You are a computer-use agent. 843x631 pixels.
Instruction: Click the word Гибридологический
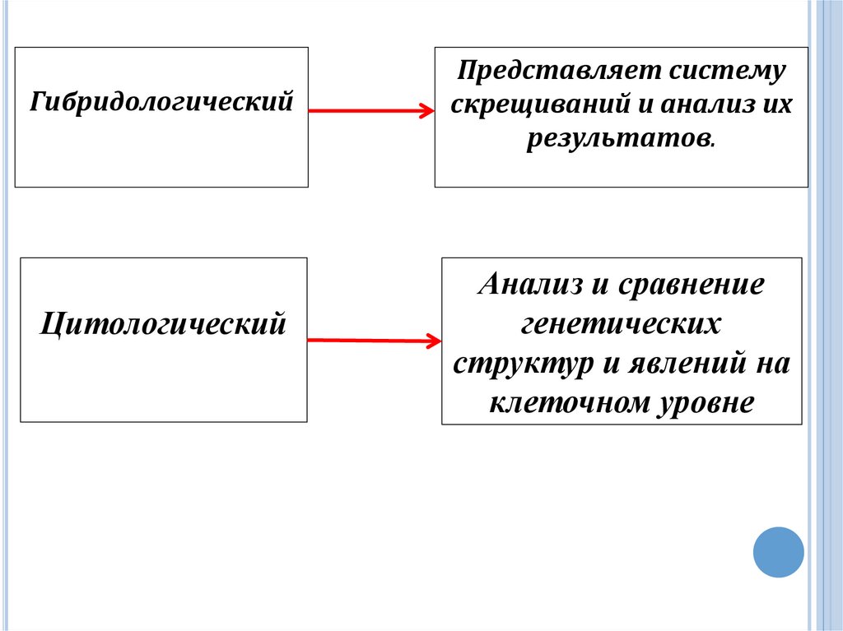pos(162,103)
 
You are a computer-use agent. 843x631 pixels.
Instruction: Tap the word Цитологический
pos(164,322)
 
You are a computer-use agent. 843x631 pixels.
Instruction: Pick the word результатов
pos(619,139)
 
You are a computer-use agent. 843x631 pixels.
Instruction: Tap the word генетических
pos(621,324)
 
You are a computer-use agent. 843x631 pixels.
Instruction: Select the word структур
pos(522,363)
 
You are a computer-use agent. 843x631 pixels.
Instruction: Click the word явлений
pos(683,363)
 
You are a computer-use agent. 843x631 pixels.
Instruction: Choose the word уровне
pos(706,402)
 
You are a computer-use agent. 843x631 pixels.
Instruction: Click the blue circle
pos(778,551)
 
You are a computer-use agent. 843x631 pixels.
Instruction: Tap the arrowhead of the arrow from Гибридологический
pos(426,112)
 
